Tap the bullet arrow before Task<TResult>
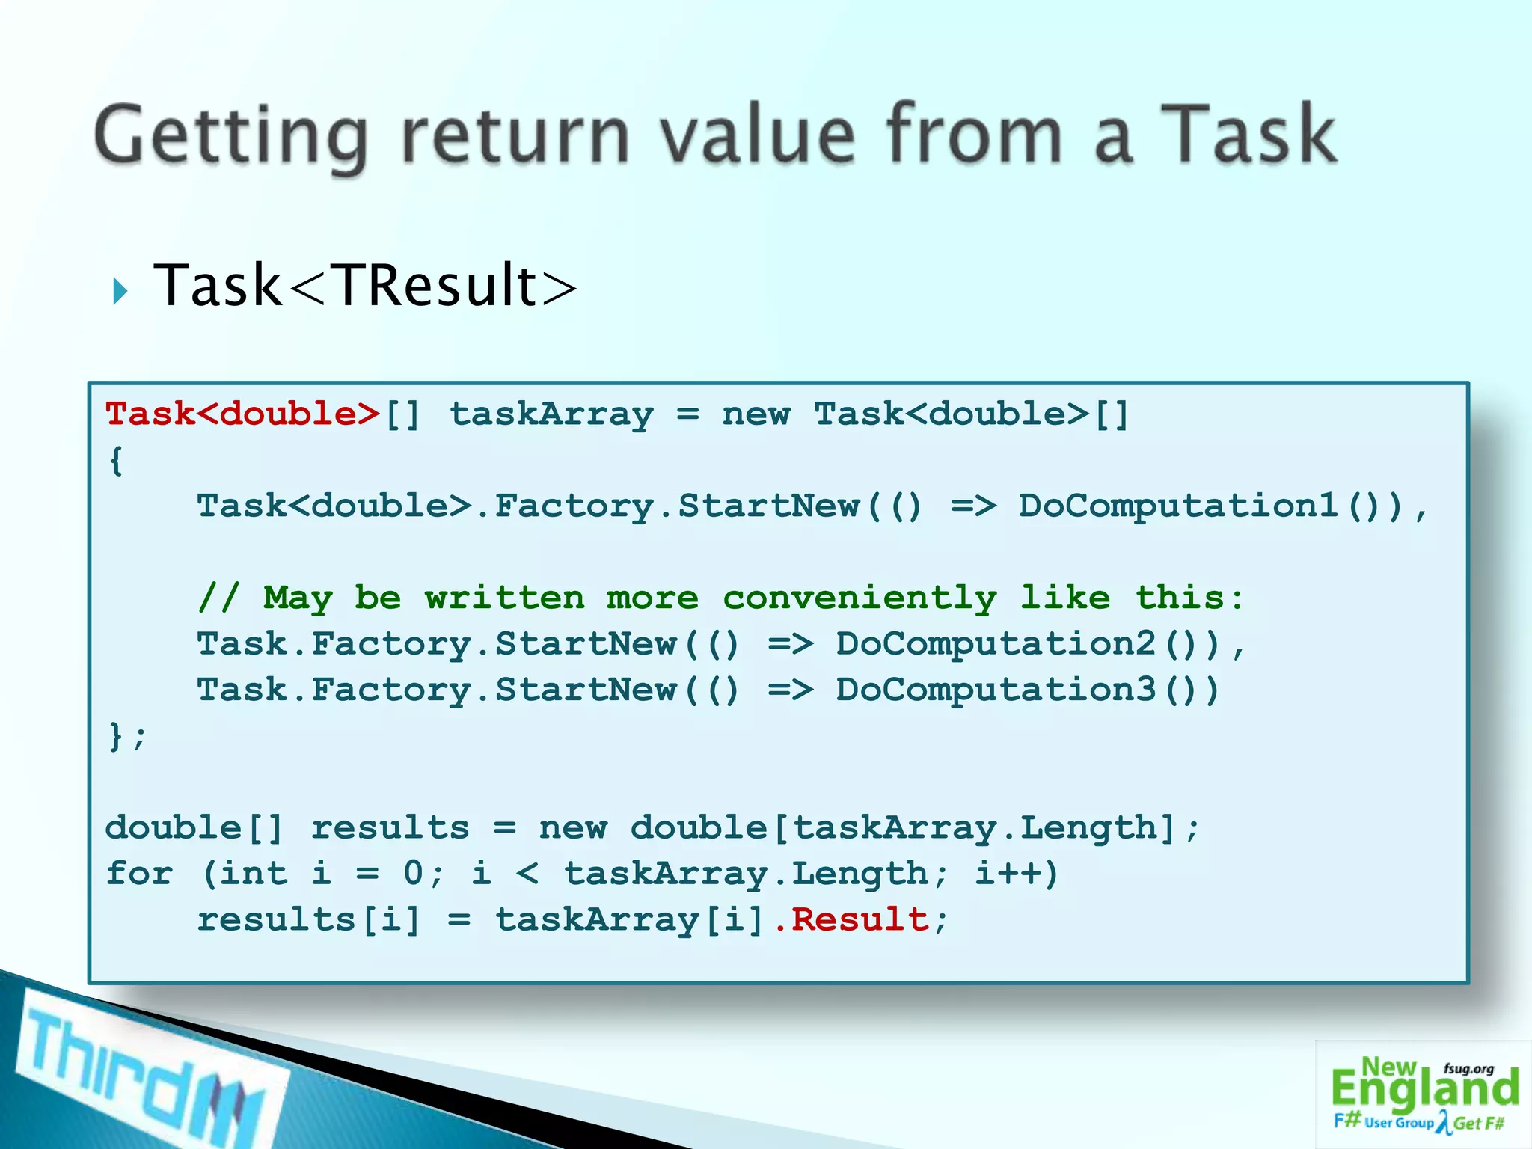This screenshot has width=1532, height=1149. pos(120,291)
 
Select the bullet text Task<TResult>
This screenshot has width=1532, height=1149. pos(365,285)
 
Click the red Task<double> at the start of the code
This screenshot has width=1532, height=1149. pos(243,414)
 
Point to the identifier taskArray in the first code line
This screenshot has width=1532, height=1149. pos(551,414)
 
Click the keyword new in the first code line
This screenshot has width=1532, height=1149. pos(756,414)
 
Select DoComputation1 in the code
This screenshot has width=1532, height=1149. pos(1179,506)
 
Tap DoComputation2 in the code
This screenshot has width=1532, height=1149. pos(996,643)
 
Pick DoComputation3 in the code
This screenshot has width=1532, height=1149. pos(996,690)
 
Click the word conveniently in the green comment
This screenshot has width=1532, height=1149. pos(860,598)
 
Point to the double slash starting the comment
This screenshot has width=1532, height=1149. pos(218,598)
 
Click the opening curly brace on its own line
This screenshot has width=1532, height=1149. pos(116,460)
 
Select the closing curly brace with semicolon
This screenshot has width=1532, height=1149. pos(127,736)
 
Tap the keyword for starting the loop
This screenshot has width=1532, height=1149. pos(139,873)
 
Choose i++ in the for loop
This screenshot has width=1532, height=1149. pos(1017,873)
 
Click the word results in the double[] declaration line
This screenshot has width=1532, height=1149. pos(390,827)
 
